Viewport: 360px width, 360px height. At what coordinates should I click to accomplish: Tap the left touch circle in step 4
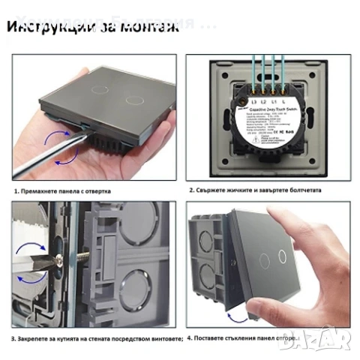coord(264,256)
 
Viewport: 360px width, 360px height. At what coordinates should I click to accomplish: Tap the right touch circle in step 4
coord(283,256)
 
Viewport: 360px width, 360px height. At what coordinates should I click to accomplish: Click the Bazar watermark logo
coord(333,341)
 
